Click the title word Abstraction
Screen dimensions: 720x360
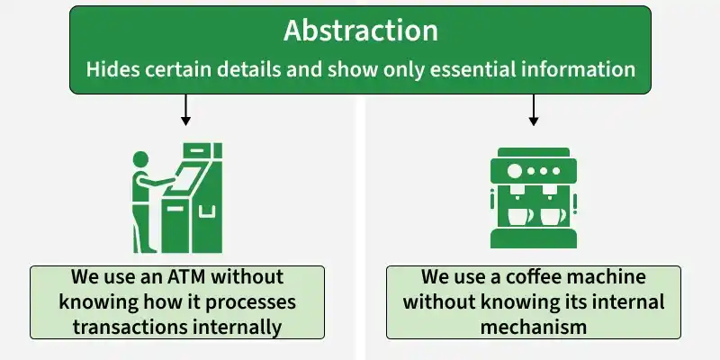361,31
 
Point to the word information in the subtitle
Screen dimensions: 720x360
571,69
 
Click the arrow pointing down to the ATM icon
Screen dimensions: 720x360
185,110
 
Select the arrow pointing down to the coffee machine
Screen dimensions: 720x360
533,110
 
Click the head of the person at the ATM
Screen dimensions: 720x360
140,159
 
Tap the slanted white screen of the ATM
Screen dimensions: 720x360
185,179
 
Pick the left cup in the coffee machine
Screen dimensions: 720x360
520,217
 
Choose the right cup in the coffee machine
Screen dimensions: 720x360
553,217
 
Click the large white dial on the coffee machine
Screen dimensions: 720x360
515,171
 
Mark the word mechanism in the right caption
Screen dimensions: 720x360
533,327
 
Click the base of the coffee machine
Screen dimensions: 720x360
533,238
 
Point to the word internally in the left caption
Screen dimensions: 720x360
236,327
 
